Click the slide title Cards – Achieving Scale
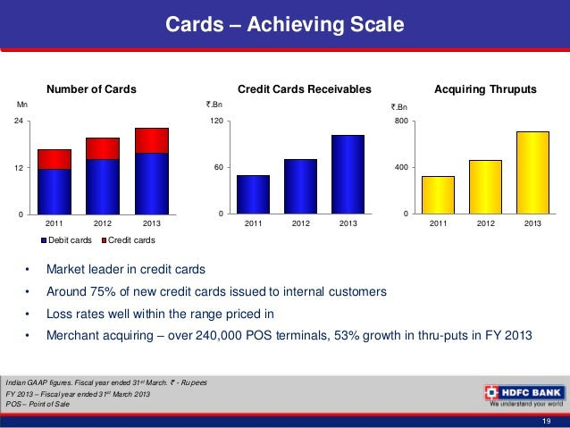(284, 23)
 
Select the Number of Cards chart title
(91, 89)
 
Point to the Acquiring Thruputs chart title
(484, 89)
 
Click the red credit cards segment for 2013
(152, 140)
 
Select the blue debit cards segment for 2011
(54, 190)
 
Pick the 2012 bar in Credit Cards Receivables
(301, 186)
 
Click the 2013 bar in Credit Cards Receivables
(348, 173)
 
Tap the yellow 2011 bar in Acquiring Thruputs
(439, 194)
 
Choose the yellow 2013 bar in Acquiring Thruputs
(532, 172)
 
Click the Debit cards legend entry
(65, 240)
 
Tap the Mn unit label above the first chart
(22, 105)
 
